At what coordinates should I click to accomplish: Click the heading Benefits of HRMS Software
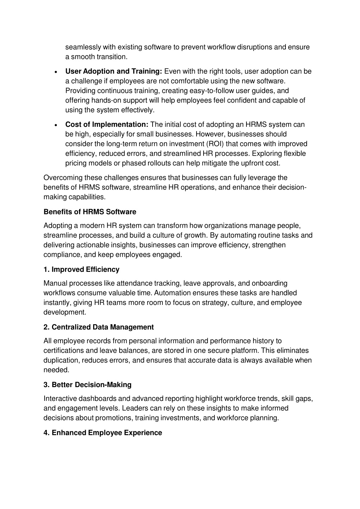[x=90, y=212]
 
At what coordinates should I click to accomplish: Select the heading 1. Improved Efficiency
[x=81, y=269]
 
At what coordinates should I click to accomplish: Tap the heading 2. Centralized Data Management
[x=98, y=327]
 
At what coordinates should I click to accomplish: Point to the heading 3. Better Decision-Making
[x=87, y=385]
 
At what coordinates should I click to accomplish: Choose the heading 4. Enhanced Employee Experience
[x=103, y=433]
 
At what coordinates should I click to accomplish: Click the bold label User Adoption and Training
[x=114, y=71]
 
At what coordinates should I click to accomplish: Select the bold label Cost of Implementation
[x=107, y=124]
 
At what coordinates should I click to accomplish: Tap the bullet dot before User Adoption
[x=56, y=72]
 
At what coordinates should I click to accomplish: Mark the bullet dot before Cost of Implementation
[x=56, y=125]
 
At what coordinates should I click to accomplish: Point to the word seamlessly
[x=83, y=47]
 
